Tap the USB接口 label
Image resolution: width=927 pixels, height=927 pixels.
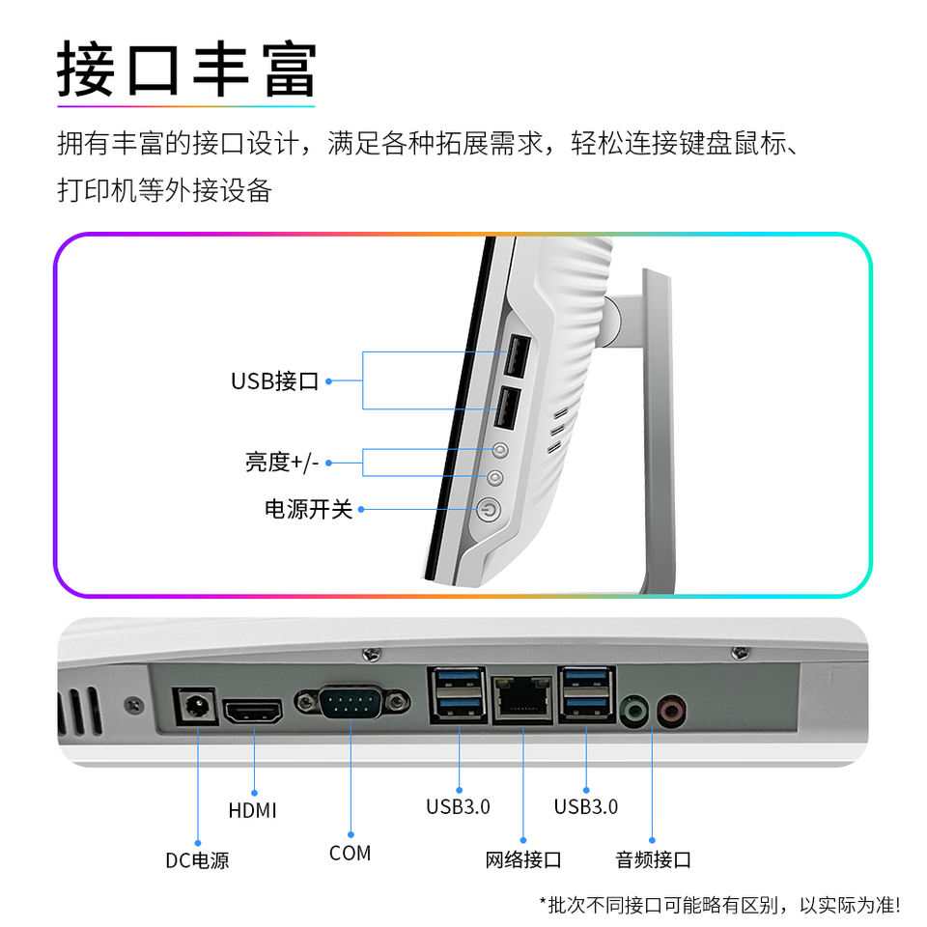pos(274,380)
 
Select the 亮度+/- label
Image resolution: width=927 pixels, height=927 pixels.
pos(281,463)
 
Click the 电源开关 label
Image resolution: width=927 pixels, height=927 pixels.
pos(309,509)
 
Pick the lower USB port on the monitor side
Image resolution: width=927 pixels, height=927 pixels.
pos(506,407)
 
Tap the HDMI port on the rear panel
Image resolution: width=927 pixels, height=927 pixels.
pos(253,714)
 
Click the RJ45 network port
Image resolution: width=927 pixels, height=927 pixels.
pos(522,699)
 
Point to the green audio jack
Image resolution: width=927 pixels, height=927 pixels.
pos(633,713)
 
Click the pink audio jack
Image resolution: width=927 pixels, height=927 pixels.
pos(670,713)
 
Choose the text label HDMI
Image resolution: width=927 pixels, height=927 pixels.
pos(253,810)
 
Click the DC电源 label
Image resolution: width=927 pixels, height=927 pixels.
pos(197,859)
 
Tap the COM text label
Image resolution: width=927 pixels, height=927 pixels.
pos(350,854)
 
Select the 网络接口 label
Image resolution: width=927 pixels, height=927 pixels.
pos(522,859)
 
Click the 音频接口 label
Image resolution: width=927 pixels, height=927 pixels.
pos(653,859)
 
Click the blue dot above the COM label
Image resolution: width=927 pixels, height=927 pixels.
pos(350,833)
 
